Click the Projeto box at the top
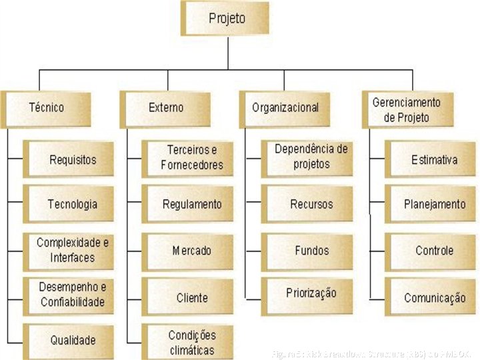[x=227, y=19]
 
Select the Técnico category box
[x=47, y=108]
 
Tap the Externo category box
[x=166, y=108]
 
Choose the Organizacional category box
[x=285, y=108]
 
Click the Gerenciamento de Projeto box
[x=407, y=109]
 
